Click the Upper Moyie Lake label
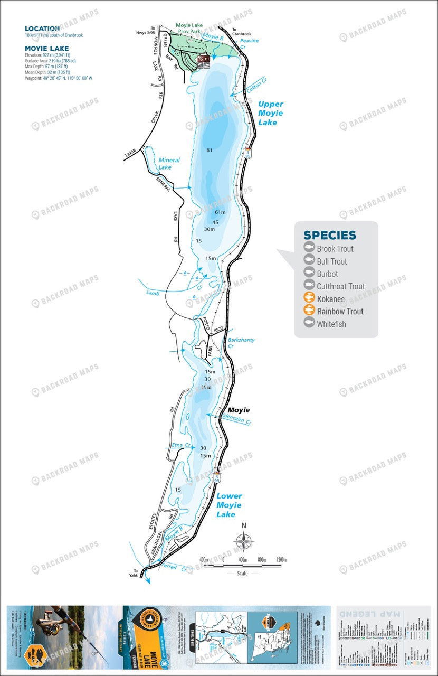270,113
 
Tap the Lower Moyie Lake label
228,505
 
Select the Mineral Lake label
169,163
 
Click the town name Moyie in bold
239,410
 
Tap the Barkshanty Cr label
241,343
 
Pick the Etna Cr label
180,446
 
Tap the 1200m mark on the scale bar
281,559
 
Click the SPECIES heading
329,236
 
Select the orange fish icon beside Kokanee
309,299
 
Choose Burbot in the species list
327,274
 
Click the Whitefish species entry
331,324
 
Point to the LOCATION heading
42,29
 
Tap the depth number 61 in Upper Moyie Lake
209,151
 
